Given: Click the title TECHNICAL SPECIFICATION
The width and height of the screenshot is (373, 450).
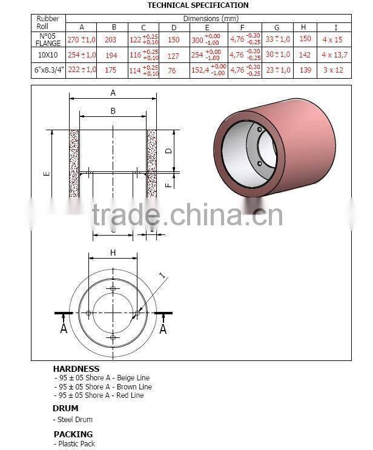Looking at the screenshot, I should [197, 5].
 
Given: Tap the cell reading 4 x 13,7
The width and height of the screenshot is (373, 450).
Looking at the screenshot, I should [336, 55].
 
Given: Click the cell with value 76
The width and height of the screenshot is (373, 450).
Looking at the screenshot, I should [174, 70].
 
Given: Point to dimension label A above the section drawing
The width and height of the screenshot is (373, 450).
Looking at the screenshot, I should [113, 93].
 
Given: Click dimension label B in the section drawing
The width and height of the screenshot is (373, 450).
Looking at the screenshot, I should [113, 111].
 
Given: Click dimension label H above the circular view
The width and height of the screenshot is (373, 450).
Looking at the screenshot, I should [113, 252].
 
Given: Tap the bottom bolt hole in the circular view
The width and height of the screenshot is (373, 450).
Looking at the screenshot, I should [113, 337].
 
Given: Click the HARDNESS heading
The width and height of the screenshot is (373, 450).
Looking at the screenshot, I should [76, 368].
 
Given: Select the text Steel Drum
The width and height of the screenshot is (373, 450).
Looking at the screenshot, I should [76, 419].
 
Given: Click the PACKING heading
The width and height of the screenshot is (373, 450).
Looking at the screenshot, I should [73, 434].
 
